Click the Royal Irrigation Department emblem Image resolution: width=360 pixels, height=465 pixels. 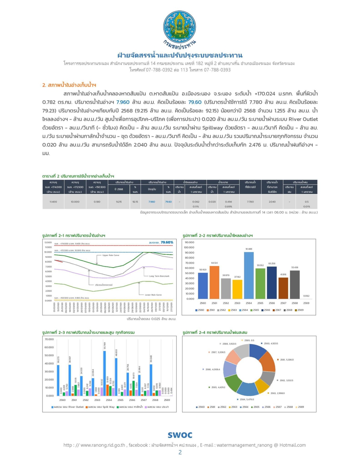click(x=180, y=27)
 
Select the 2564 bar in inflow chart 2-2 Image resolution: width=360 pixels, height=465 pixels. click(x=249, y=275)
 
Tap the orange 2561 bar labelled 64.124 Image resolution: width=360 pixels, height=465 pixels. click(x=214, y=282)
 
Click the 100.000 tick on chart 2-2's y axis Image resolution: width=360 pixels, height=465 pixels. click(x=189, y=247)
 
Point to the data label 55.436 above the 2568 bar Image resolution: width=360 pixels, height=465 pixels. click(x=294, y=268)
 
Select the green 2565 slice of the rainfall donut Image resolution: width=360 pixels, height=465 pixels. click(x=233, y=382)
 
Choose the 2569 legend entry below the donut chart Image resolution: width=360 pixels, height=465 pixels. click(x=300, y=407)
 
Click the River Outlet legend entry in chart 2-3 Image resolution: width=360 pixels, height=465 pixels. click(x=68, y=407)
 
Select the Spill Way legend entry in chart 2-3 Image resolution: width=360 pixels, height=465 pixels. click(x=102, y=407)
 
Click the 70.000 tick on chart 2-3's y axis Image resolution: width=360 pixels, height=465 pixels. click(x=49, y=339)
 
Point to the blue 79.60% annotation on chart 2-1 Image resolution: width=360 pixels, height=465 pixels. click(x=167, y=242)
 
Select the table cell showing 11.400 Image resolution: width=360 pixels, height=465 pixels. click(x=53, y=202)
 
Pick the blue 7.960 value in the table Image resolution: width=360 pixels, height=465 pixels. click(x=152, y=202)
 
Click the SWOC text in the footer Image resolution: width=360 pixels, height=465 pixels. click(x=180, y=435)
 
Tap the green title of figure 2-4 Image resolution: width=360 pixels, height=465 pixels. click(x=215, y=332)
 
